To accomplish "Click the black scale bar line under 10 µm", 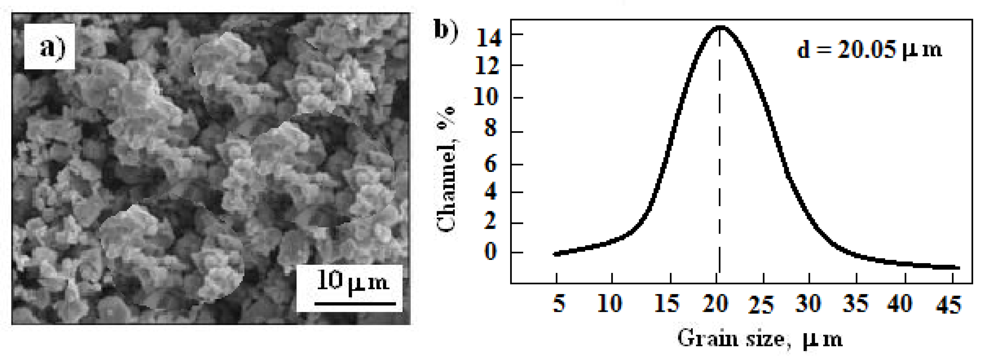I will pyautogui.click(x=355, y=304).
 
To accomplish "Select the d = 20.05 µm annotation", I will pyautogui.click(x=870, y=50).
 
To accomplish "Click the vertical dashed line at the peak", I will pyautogui.click(x=720, y=153).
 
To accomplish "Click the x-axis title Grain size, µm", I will pyautogui.click(x=759, y=338).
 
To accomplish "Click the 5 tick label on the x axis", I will pyautogui.click(x=559, y=304).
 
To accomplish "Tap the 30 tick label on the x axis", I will pyautogui.click(x=809, y=304).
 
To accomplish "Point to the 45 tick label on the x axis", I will pyautogui.click(x=949, y=305).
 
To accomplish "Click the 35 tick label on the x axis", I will pyautogui.click(x=855, y=304).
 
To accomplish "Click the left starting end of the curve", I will pyautogui.click(x=555, y=254).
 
